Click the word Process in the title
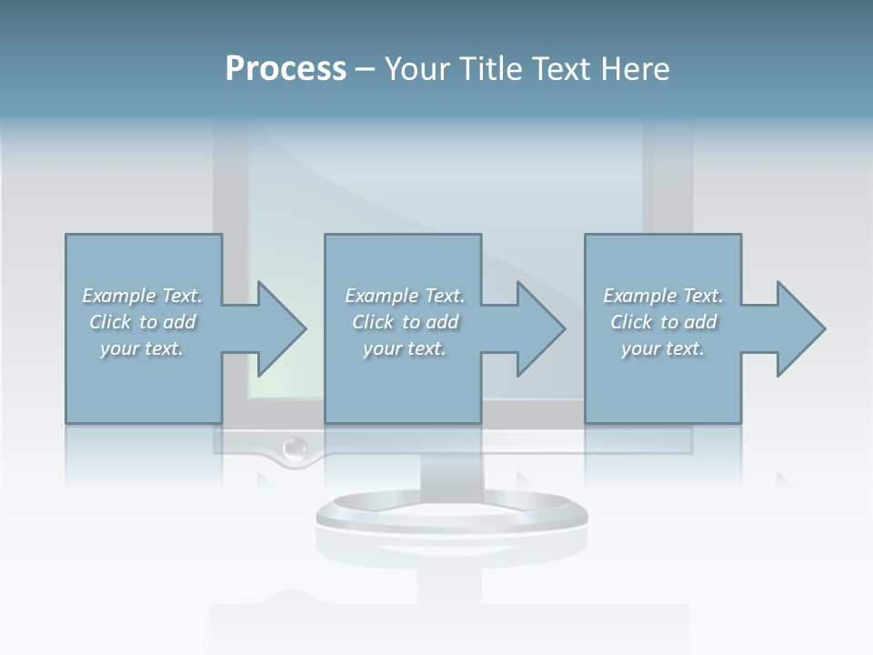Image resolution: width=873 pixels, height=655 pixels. pyautogui.click(x=286, y=69)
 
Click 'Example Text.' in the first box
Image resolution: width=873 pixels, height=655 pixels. pyautogui.click(x=143, y=296)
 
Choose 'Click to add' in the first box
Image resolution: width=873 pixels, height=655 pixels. pyautogui.click(x=143, y=322)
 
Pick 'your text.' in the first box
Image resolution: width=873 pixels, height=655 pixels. pyautogui.click(x=143, y=348)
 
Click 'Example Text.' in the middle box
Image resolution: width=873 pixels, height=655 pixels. pyautogui.click(x=405, y=296)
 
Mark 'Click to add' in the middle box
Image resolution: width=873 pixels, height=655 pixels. pyautogui.click(x=405, y=322)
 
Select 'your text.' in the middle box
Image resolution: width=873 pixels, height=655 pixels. pyautogui.click(x=405, y=348)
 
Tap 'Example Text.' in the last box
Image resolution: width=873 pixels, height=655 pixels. pyautogui.click(x=663, y=296)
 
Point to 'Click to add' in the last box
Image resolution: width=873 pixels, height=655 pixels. pyautogui.click(x=663, y=322)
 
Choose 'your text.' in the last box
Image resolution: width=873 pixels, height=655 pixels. pyautogui.click(x=663, y=348)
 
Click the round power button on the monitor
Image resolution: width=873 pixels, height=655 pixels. pyautogui.click(x=295, y=448)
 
